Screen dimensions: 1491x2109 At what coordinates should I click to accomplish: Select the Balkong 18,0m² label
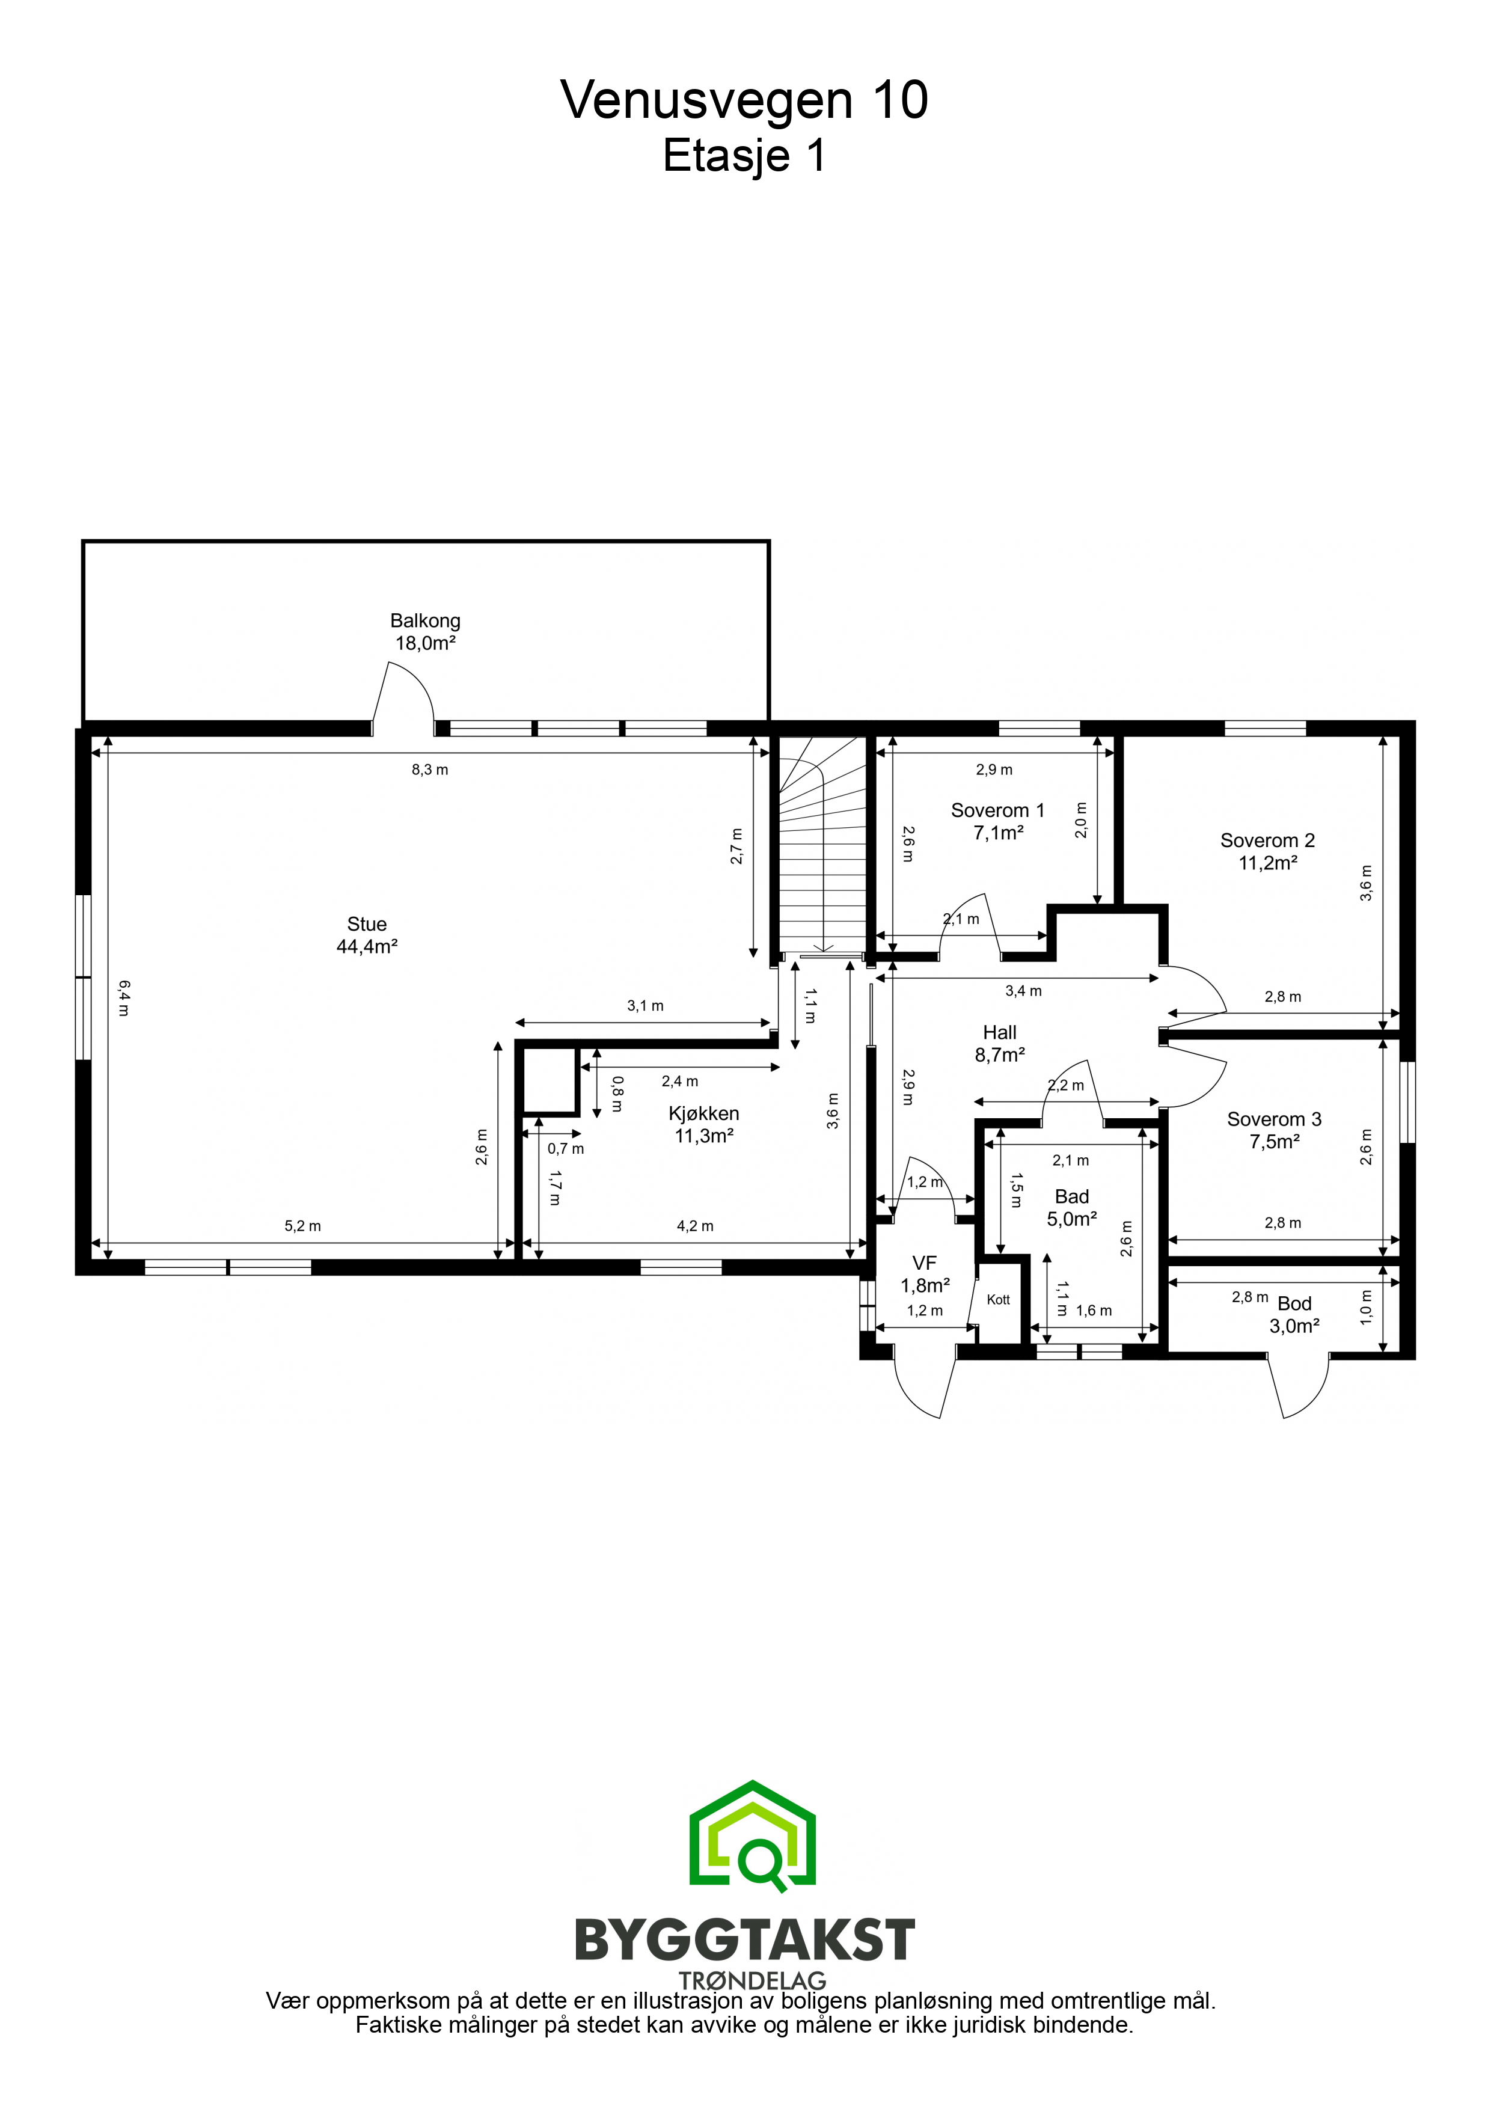(x=425, y=632)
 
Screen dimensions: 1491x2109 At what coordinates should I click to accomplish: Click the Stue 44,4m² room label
(x=367, y=935)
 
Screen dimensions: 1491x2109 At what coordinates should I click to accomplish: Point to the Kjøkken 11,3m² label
(x=703, y=1124)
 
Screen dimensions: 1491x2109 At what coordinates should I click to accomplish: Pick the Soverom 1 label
(x=997, y=810)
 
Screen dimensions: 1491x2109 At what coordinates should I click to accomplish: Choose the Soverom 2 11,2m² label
(x=1268, y=851)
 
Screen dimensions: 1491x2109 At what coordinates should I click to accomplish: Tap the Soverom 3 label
(x=1274, y=1119)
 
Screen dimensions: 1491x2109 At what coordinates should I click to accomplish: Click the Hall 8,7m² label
(x=1000, y=1044)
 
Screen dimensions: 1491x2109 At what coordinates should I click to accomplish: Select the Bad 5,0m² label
(x=1072, y=1207)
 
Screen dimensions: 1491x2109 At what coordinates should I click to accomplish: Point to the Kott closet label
(x=999, y=1300)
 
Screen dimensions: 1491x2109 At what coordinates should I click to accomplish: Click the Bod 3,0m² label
(x=1294, y=1314)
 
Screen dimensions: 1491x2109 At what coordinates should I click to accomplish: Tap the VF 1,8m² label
(x=925, y=1274)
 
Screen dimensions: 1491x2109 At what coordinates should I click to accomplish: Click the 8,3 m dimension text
(x=430, y=770)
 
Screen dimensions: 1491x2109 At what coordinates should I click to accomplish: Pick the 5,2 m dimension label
(x=303, y=1225)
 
